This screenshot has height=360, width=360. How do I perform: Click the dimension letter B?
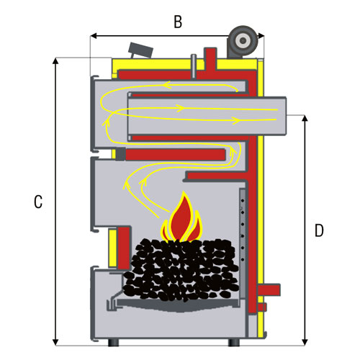(178, 22)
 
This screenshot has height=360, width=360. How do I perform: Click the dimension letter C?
(38, 202)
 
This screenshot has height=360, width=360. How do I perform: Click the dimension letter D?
(319, 230)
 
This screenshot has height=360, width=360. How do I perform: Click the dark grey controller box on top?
(140, 50)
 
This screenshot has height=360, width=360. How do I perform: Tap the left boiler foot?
(114, 342)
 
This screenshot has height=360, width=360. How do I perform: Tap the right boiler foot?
(234, 342)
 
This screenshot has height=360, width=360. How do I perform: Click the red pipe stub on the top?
(210, 60)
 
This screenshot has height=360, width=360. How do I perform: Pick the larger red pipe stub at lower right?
(269, 289)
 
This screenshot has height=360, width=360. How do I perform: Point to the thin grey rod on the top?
(194, 66)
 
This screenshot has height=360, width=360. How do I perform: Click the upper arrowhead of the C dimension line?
(55, 61)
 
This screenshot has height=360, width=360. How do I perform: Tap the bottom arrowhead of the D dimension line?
(305, 343)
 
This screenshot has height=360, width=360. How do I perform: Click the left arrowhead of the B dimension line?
(94, 36)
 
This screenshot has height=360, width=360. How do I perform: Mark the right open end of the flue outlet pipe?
(286, 116)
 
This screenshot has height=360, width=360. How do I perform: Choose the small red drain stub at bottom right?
(262, 307)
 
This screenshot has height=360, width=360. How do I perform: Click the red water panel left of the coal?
(124, 248)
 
